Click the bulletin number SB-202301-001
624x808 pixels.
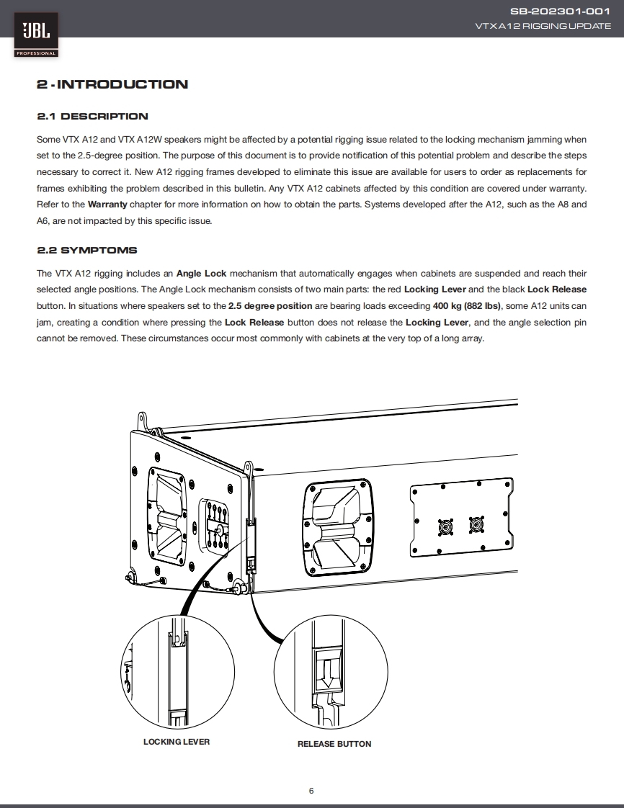560,11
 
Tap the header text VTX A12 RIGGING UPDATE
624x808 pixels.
543,26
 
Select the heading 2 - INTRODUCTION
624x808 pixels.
112,84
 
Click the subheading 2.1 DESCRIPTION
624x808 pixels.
92,117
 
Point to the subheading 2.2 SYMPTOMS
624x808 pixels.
87,251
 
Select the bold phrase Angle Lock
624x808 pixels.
202,274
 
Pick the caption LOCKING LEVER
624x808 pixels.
177,741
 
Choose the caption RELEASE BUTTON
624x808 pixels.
334,744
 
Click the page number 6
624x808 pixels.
311,791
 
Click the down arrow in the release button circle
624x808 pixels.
326,674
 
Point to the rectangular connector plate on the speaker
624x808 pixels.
461,516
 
